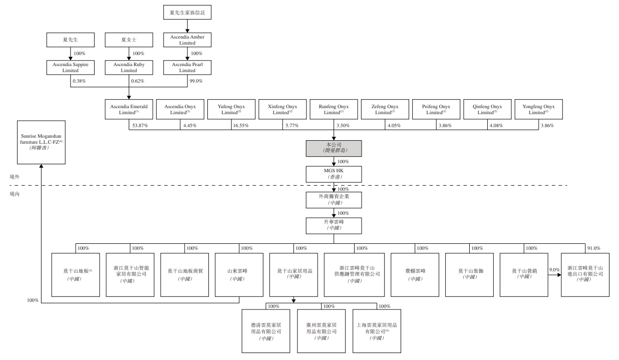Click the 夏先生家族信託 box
[187, 13]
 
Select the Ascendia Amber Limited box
[187, 40]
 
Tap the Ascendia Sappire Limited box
[71, 67]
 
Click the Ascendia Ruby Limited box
[129, 67]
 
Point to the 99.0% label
[196, 81]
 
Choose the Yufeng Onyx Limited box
[231, 109]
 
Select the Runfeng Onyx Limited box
[334, 109]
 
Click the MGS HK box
[334, 174]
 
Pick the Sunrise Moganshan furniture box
[41, 142]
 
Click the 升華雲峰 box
[334, 225]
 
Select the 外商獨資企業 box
[334, 199]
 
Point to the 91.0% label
[593, 248]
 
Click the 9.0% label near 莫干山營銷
[554, 270]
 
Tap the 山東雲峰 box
[237, 274]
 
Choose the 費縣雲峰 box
[415, 274]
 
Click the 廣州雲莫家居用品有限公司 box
[321, 331]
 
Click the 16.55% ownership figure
[240, 126]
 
